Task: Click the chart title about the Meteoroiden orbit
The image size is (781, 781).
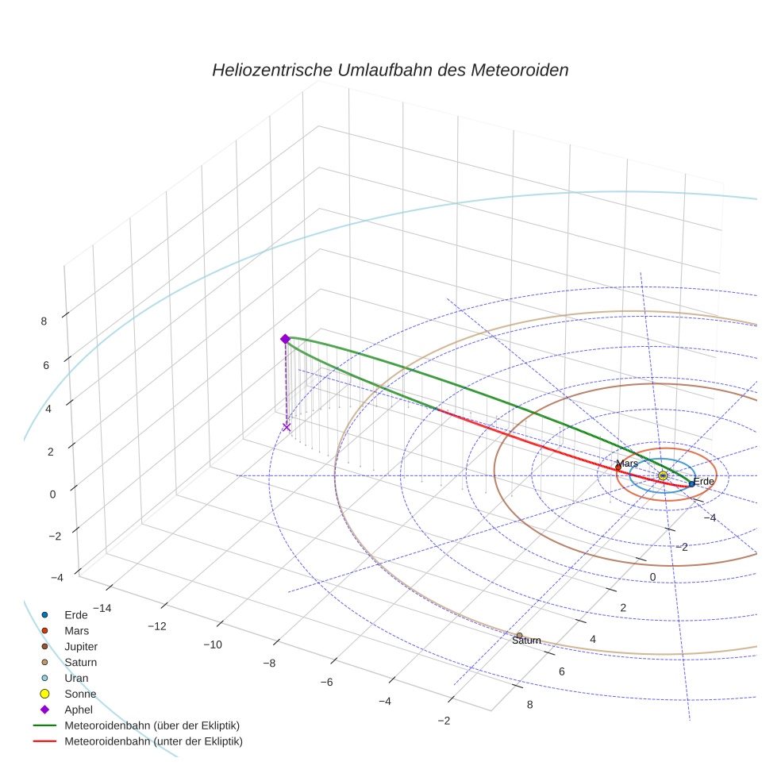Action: (390, 70)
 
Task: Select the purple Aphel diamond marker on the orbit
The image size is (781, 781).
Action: (285, 339)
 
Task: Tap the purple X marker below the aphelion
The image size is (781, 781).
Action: (287, 427)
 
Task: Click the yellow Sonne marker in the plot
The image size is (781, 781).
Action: (663, 475)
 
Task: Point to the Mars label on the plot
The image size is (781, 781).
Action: (627, 463)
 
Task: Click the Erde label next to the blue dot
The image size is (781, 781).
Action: (704, 481)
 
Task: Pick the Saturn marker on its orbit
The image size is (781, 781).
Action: (519, 636)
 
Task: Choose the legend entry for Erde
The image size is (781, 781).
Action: (75, 615)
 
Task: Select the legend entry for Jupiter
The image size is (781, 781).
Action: (80, 647)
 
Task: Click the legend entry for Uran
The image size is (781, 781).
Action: (75, 679)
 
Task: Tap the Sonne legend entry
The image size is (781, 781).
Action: (80, 694)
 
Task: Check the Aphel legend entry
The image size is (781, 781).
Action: (79, 710)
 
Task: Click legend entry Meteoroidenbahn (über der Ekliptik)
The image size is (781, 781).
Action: (152, 725)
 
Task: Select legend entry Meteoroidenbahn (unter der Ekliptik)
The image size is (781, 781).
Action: (153, 741)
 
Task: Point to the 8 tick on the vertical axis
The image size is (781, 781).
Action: (44, 321)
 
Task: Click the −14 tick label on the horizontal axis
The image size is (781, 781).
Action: (102, 608)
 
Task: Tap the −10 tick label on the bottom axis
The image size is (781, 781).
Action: (212, 644)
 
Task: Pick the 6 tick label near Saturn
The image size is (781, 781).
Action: (562, 671)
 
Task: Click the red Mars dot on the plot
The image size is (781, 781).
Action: (618, 467)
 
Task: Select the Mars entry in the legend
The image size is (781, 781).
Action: (76, 631)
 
